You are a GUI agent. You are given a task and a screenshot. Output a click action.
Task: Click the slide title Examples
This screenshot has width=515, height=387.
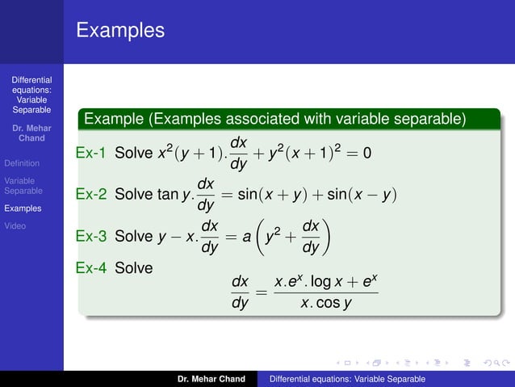[x=120, y=31]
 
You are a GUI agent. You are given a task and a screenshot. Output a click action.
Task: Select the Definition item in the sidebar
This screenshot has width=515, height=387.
[x=21, y=163]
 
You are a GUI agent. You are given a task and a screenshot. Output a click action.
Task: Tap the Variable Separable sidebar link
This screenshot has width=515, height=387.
[x=23, y=186]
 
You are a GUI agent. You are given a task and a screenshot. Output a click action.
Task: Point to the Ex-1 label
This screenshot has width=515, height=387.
[x=90, y=152]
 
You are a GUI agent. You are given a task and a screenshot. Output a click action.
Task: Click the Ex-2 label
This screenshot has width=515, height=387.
[x=90, y=195]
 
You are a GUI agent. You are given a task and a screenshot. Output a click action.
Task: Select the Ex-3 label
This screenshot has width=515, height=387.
[x=90, y=237]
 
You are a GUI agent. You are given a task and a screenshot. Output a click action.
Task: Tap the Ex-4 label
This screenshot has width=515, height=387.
[x=90, y=266]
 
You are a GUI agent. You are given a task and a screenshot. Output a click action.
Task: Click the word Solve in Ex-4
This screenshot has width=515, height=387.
[x=134, y=266]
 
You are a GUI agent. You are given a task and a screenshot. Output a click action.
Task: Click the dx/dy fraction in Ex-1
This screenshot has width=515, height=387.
[x=238, y=153]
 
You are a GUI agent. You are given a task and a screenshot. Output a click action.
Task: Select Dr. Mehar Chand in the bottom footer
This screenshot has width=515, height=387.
[x=211, y=379]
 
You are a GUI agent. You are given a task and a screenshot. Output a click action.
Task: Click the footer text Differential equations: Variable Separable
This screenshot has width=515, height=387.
[x=348, y=379]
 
